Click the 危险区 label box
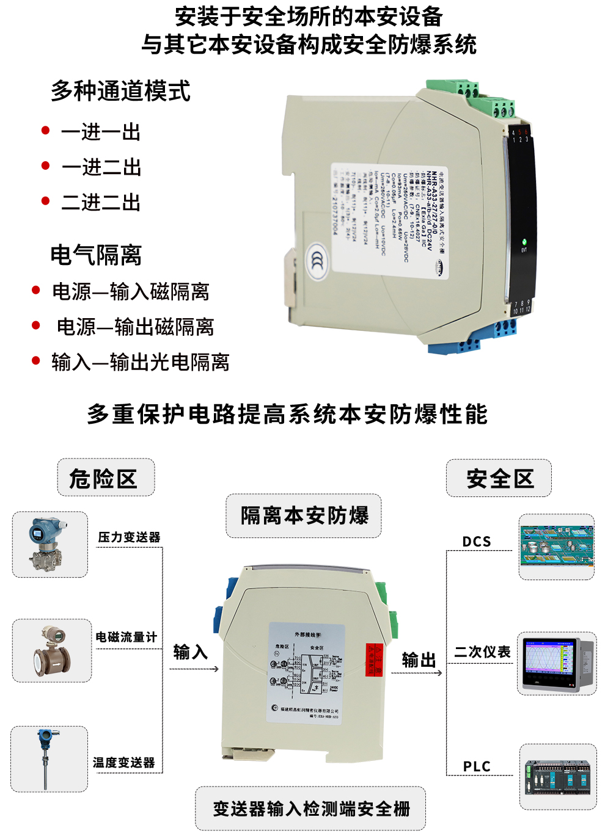tap(106, 478)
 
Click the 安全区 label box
tap(499, 478)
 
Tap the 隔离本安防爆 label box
tap(304, 516)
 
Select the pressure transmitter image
tap(50, 545)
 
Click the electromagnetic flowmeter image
tap(52, 650)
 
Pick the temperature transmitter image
tap(49, 759)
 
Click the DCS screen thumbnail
tap(556, 547)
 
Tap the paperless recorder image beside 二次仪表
tap(557, 664)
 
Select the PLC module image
tap(557, 777)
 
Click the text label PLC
tap(477, 766)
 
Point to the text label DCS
tap(477, 542)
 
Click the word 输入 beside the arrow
tap(190, 652)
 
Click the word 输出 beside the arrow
tap(419, 659)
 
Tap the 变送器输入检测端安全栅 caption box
tap(310, 808)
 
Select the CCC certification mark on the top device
tap(317, 261)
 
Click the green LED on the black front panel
tap(524, 242)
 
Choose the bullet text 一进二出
tap(101, 167)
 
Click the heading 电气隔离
tap(96, 255)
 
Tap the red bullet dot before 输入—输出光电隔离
tap(36, 361)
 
